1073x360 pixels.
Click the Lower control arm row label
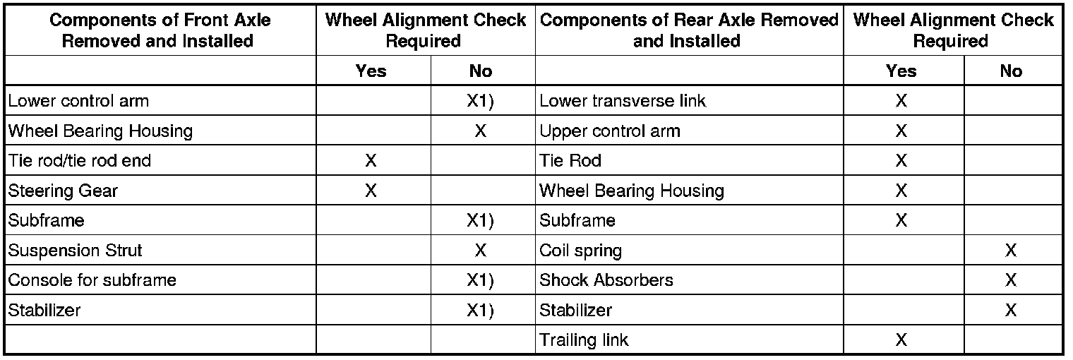(x=78, y=101)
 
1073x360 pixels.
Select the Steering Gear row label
(x=63, y=191)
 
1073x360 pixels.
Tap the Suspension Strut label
(x=76, y=251)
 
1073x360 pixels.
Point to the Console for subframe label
(x=92, y=280)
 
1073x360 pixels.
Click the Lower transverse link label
(x=623, y=101)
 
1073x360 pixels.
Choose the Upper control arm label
(x=610, y=131)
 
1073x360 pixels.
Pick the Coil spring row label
(x=580, y=251)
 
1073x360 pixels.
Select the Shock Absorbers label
(x=606, y=280)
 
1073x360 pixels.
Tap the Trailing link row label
(x=584, y=340)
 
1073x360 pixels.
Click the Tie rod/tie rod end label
(x=79, y=161)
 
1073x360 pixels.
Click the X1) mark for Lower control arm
(x=480, y=101)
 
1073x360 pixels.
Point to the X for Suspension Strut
(x=480, y=251)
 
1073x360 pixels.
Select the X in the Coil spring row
(x=1011, y=251)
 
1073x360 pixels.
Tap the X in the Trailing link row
(x=901, y=340)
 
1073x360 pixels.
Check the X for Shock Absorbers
(x=1011, y=280)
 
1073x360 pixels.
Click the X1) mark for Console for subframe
(x=480, y=280)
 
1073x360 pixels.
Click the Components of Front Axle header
(x=160, y=30)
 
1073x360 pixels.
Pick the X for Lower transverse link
(x=901, y=101)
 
